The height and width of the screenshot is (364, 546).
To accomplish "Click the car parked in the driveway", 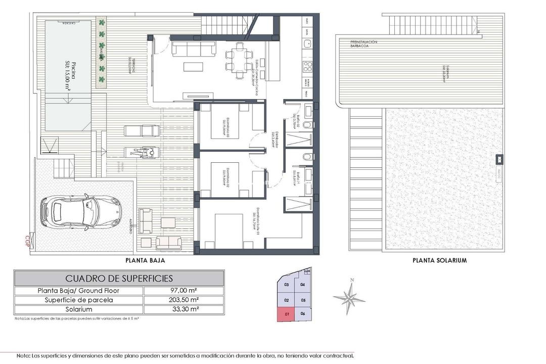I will click(81, 211).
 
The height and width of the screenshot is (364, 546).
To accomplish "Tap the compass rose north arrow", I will click(349, 297).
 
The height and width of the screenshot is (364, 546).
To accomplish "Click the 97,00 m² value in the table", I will click(183, 291).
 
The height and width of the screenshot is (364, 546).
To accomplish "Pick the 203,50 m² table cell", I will click(183, 300).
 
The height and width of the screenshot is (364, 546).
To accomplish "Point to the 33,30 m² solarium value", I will click(183, 309).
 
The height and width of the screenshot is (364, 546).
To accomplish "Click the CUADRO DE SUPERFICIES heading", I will click(119, 278).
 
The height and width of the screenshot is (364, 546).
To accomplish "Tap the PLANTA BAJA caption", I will click(145, 261).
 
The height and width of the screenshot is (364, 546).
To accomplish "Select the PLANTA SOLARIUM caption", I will click(439, 261).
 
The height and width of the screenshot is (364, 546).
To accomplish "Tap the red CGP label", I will click(28, 239).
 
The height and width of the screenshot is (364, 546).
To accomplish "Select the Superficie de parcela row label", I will click(79, 300).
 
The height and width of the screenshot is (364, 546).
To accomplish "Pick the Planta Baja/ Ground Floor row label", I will click(79, 291).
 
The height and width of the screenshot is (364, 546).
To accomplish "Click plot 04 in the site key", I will click(303, 285).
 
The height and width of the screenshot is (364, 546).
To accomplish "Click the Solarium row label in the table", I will click(79, 309).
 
